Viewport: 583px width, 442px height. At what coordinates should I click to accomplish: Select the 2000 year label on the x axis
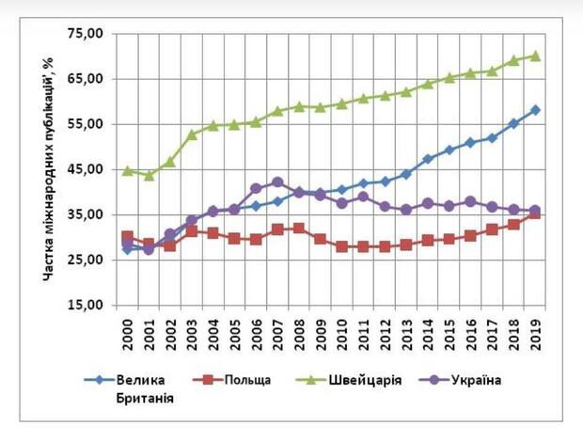pos(128,330)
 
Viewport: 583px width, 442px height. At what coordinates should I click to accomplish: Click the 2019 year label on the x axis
pos(535,330)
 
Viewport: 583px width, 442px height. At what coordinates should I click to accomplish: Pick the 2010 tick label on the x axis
pos(342,330)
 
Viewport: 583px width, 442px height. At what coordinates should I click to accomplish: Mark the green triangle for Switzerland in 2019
pos(535,55)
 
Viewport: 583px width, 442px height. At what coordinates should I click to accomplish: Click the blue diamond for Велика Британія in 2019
pos(535,110)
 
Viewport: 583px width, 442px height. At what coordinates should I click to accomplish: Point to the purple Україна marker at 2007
pos(277,182)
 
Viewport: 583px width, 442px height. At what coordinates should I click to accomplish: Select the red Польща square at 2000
pos(128,237)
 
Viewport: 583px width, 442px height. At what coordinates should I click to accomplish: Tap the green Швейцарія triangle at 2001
pos(149,175)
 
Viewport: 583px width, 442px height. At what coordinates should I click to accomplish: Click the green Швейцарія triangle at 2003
pos(192,134)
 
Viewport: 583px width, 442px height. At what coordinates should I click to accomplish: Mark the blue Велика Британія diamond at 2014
pos(428,159)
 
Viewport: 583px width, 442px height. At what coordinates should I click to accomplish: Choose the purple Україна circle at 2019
pos(535,211)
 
